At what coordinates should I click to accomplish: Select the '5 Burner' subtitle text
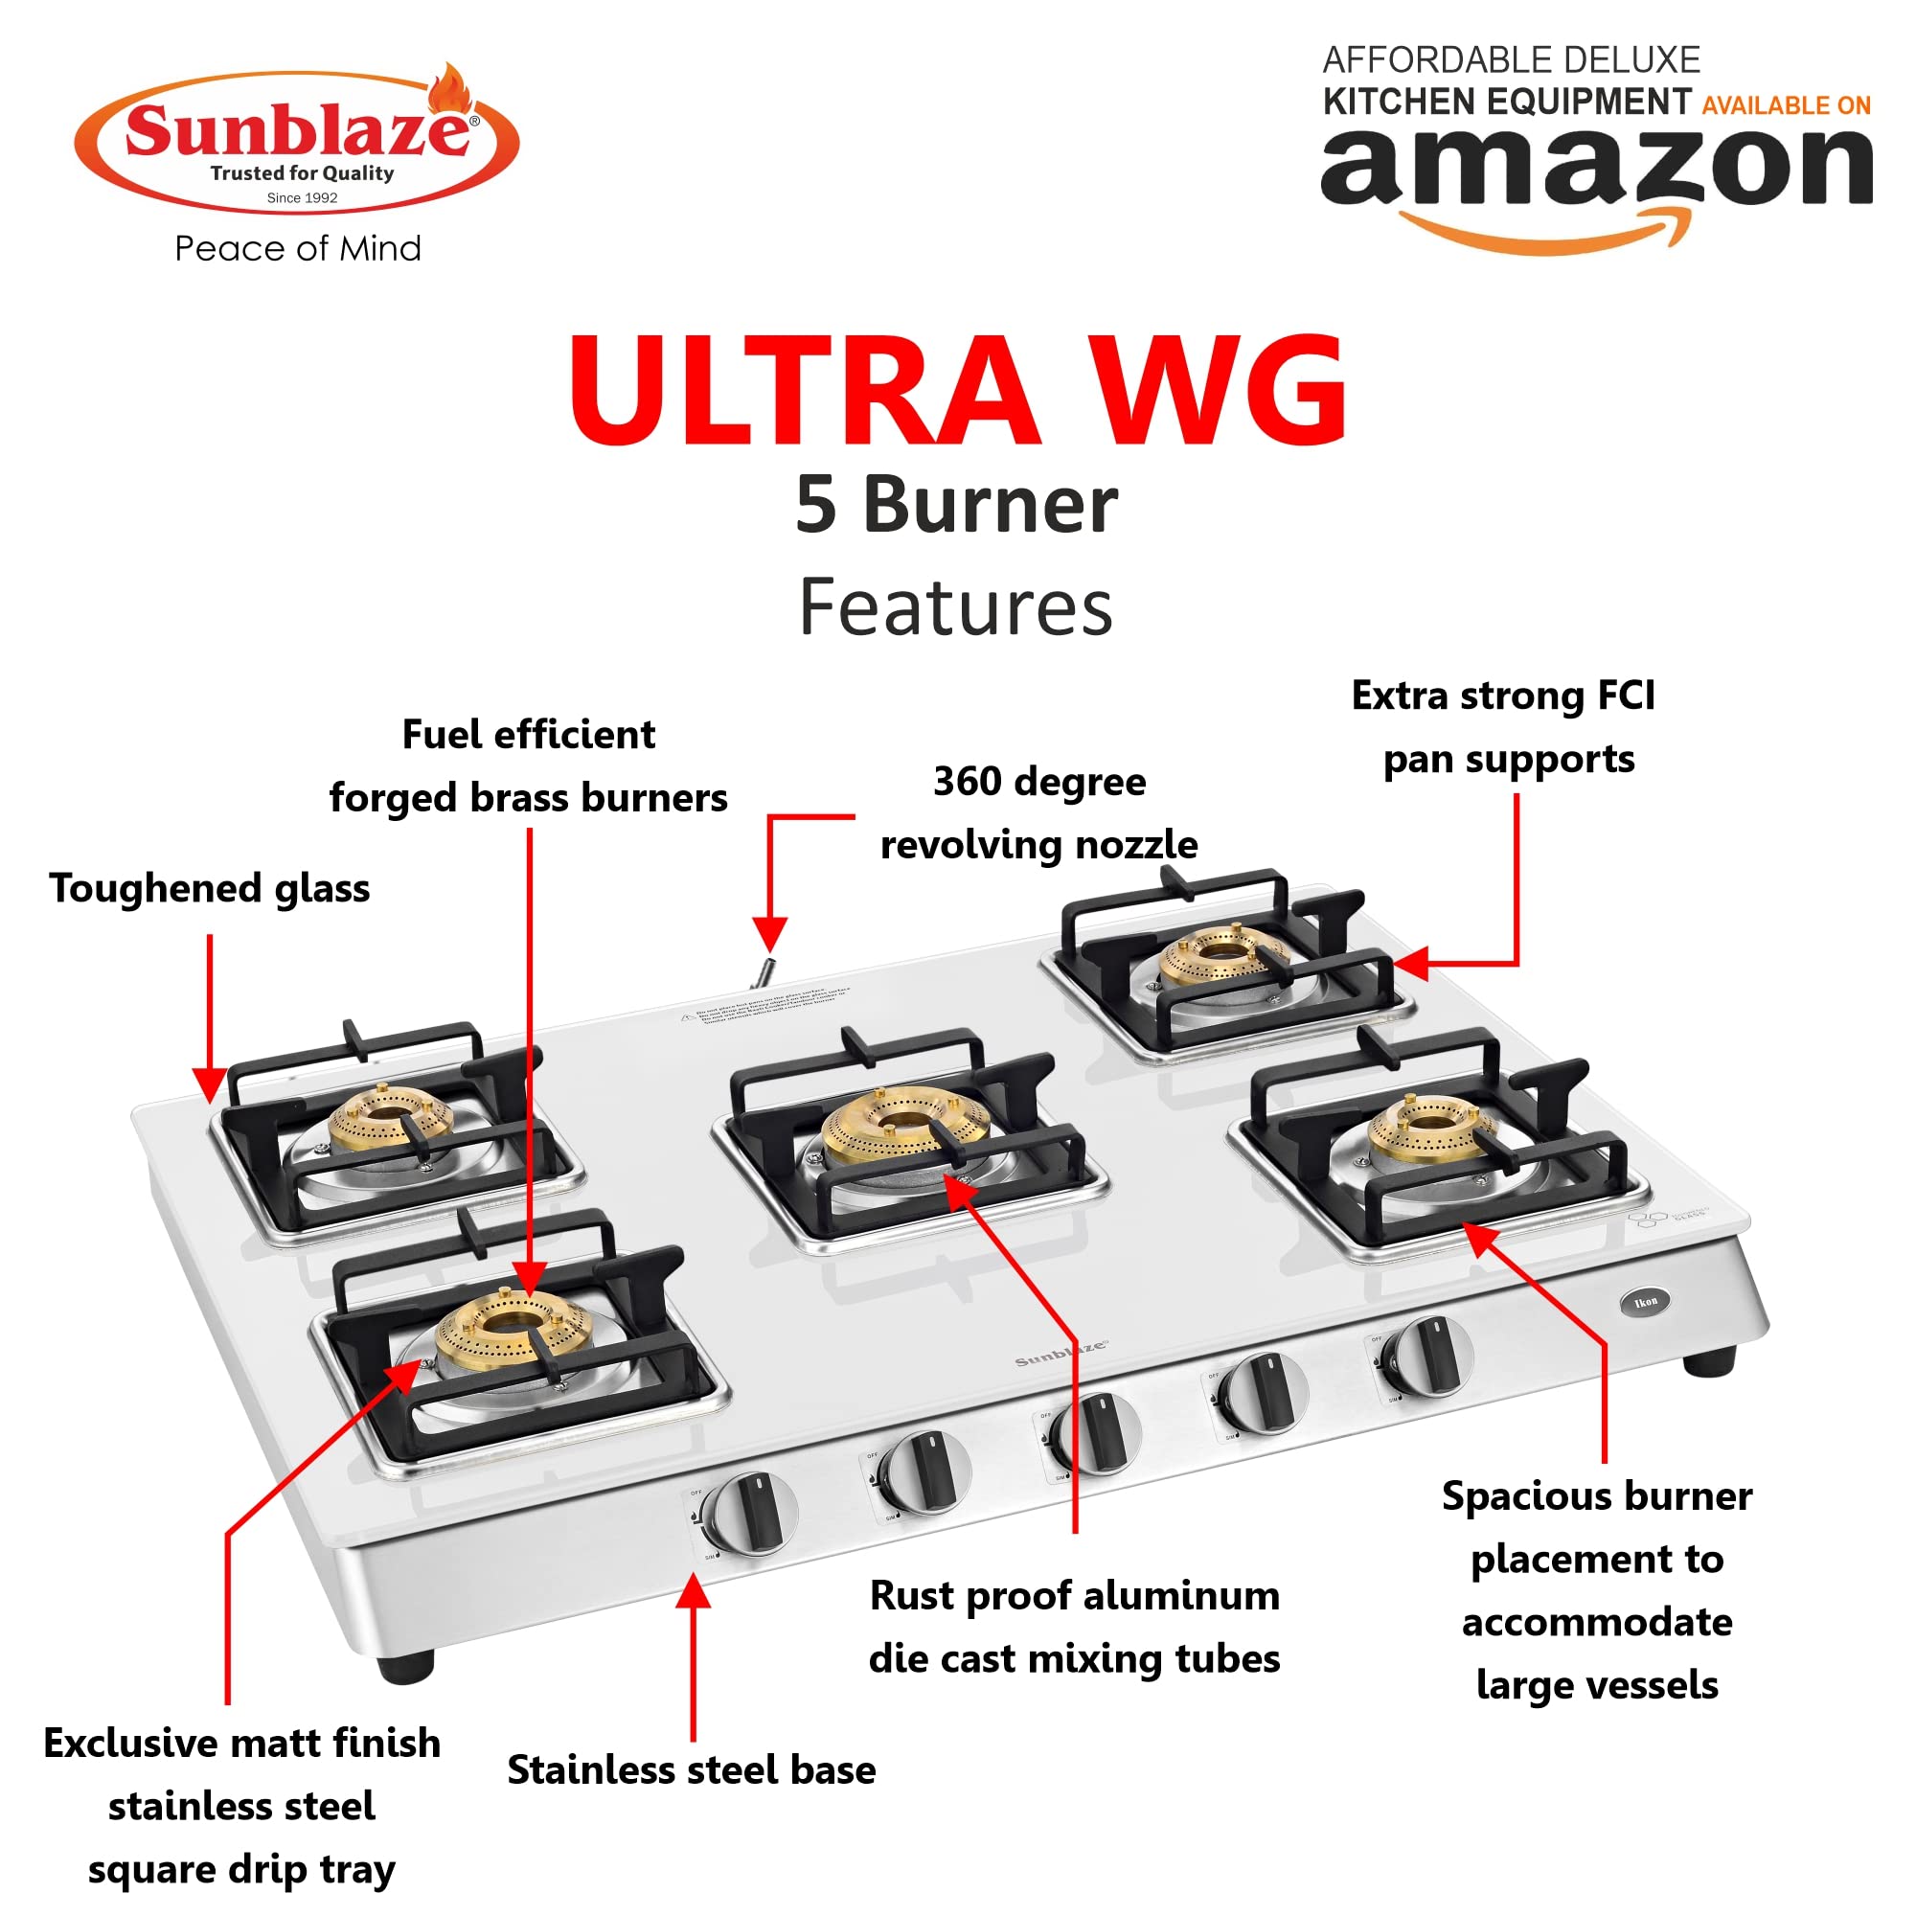pyautogui.click(x=957, y=505)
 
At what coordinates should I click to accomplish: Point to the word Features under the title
pyautogui.click(x=956, y=607)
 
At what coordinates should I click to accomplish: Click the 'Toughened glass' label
pyautogui.click(x=209, y=889)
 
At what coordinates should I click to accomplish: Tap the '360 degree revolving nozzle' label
pyautogui.click(x=1039, y=813)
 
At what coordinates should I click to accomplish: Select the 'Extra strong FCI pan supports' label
pyautogui.click(x=1503, y=727)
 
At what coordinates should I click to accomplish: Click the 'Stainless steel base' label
pyautogui.click(x=692, y=1770)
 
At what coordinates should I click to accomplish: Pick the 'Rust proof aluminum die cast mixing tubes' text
pyautogui.click(x=1074, y=1628)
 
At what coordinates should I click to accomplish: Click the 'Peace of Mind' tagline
pyautogui.click(x=298, y=248)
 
